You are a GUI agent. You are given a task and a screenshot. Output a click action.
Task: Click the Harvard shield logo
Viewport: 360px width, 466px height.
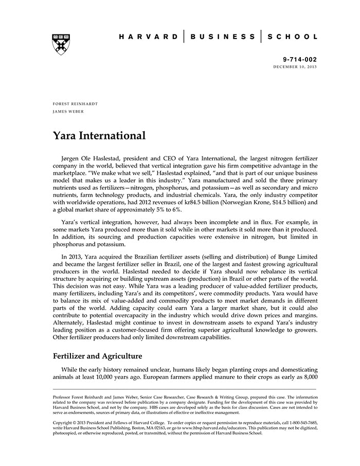61,44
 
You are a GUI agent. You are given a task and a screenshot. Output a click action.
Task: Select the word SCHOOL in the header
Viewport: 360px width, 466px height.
293,37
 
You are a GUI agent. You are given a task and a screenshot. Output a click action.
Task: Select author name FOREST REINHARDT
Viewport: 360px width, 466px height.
75,104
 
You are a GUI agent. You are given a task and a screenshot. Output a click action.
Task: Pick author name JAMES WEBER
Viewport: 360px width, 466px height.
68,111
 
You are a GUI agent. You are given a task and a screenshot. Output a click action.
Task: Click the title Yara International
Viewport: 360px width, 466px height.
99,136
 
